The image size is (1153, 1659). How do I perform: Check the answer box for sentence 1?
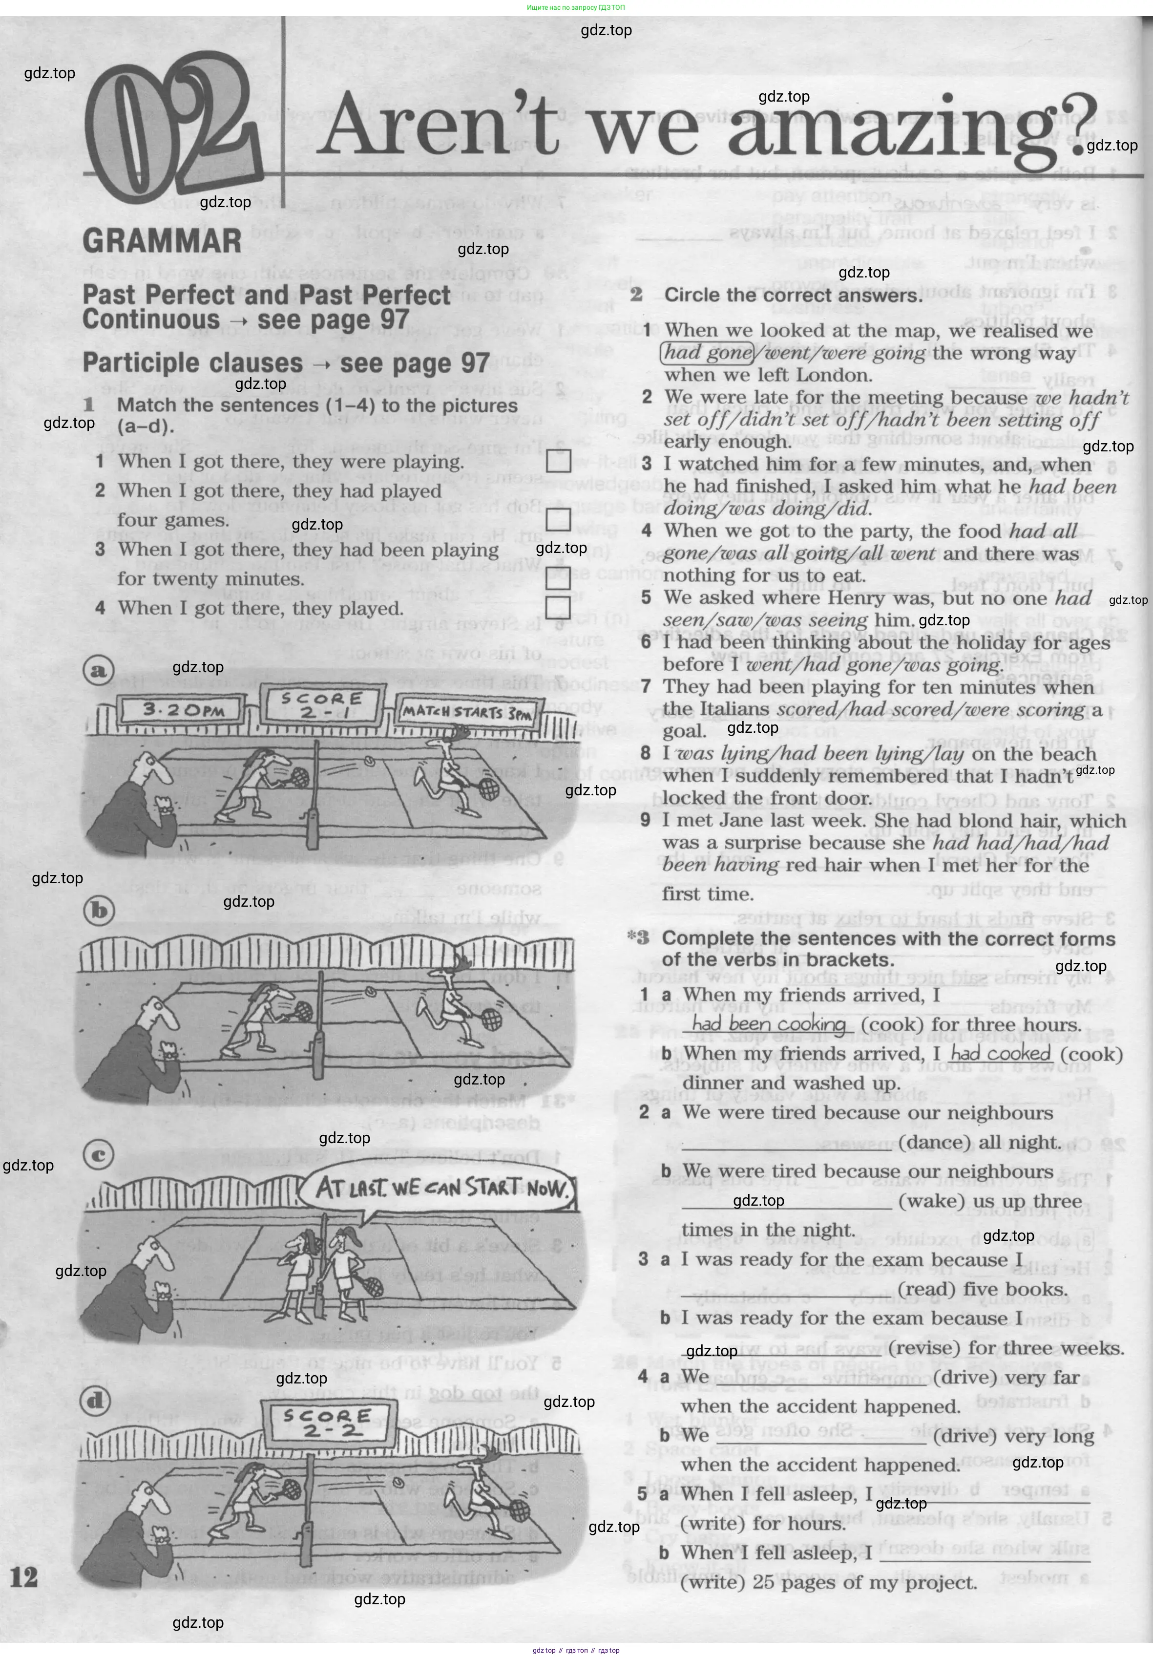pyautogui.click(x=558, y=461)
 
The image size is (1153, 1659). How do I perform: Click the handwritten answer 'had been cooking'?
pyautogui.click(x=768, y=1024)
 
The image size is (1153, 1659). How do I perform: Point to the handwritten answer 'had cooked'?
pyautogui.click(x=999, y=1054)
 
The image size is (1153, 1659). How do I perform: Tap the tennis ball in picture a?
pyautogui.click(x=370, y=760)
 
